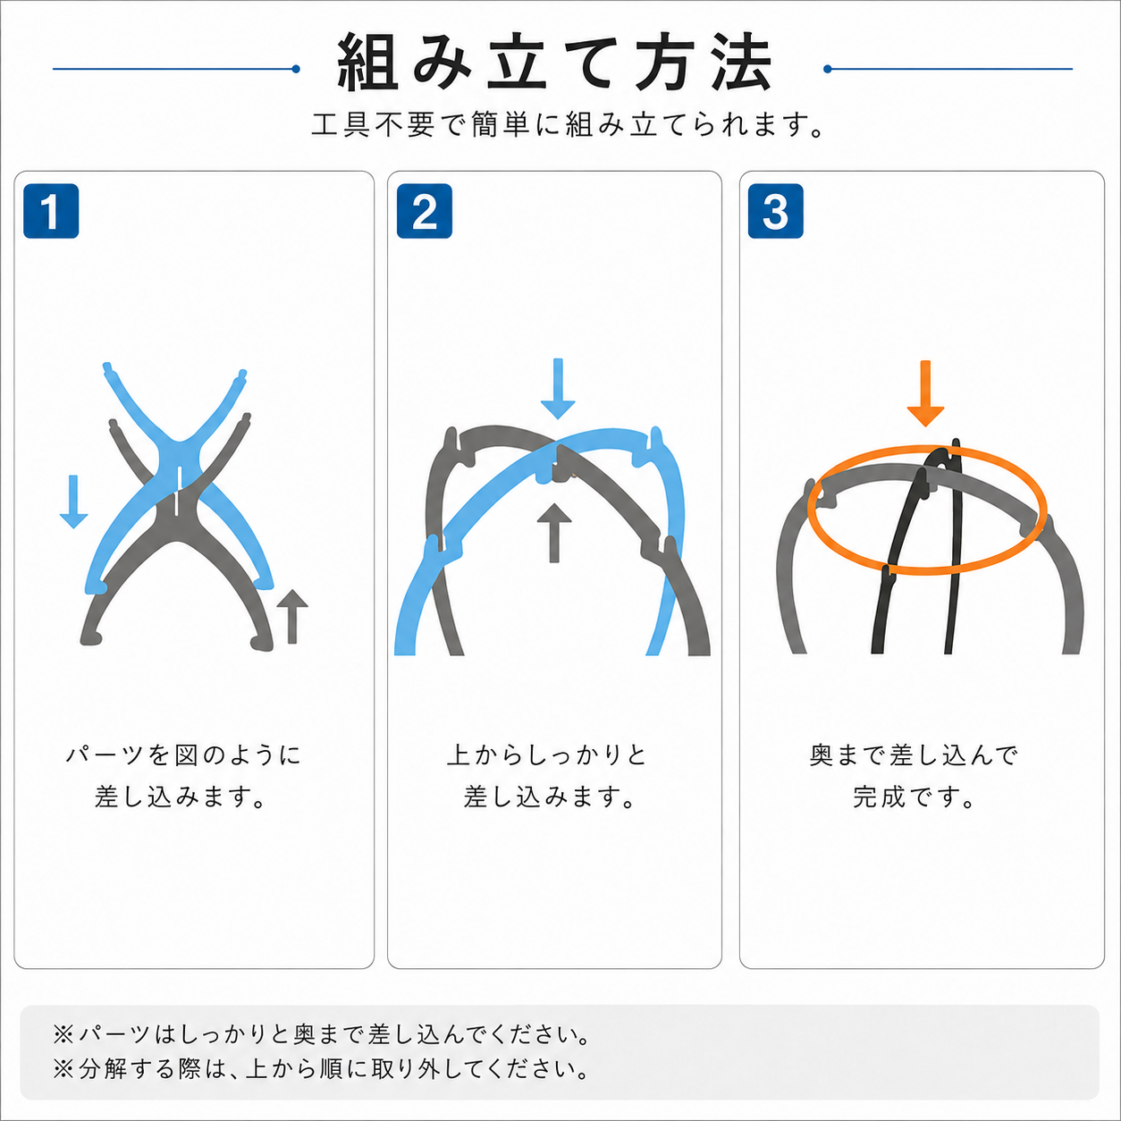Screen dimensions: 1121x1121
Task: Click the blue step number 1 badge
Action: [x=51, y=211]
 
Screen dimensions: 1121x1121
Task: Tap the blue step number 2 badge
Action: [x=424, y=211]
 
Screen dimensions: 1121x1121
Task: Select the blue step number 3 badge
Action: [x=775, y=211]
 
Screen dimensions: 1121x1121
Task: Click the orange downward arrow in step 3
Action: [x=925, y=394]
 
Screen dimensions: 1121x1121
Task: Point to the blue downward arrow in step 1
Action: [x=73, y=501]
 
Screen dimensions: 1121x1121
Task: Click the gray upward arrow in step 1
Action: [x=292, y=617]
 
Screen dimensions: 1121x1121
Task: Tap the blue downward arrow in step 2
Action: [x=558, y=389]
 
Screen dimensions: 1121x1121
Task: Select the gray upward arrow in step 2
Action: [x=554, y=533]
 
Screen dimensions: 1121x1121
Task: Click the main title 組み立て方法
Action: [x=555, y=63]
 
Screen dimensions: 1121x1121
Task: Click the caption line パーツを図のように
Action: [x=183, y=755]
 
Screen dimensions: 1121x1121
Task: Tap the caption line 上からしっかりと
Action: [x=547, y=755]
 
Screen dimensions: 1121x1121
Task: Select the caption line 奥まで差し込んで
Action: [x=914, y=755]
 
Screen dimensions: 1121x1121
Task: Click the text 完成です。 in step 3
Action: [x=914, y=797]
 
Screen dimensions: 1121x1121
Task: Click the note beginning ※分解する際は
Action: [x=322, y=1069]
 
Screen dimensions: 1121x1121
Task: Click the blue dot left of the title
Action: [x=296, y=69]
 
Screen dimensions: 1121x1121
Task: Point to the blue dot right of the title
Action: [x=827, y=69]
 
